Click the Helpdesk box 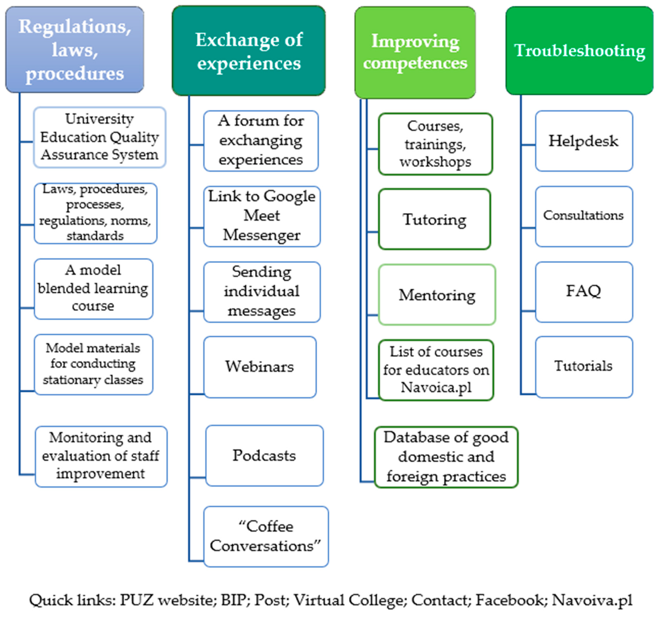coord(584,141)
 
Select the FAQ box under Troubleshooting coord(584,291)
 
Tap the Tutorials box coord(584,366)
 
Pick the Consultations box coord(584,216)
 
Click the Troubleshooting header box coord(579,51)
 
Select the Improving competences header coord(415,52)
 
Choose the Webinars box coord(260,367)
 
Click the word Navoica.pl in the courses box coord(436,387)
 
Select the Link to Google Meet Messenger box coord(262,216)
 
